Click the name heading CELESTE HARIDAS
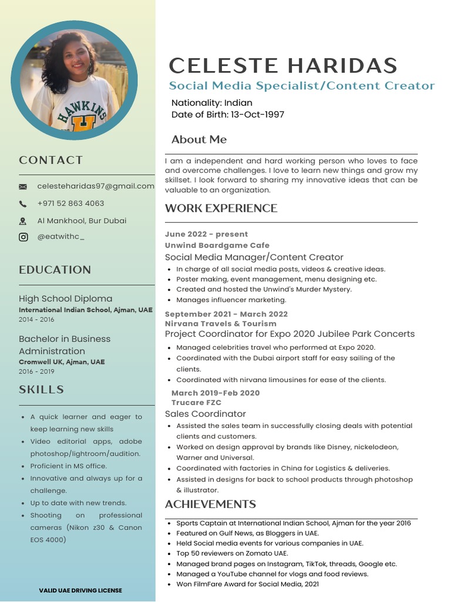click(x=283, y=65)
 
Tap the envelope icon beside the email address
click(x=23, y=186)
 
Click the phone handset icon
click(x=23, y=204)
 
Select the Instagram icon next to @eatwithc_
click(x=23, y=238)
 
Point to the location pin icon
click(x=23, y=221)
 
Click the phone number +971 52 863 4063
click(x=70, y=203)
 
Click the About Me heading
click(x=198, y=139)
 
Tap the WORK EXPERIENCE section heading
click(x=221, y=208)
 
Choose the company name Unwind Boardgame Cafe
click(x=217, y=245)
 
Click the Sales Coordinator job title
click(x=205, y=414)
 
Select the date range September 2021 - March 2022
click(x=226, y=314)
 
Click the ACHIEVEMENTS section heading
click(x=210, y=504)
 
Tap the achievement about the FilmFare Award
click(x=247, y=584)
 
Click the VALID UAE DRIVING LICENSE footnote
click(x=80, y=590)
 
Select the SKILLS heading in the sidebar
click(x=42, y=390)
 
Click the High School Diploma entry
click(x=65, y=299)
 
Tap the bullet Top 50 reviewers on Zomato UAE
click(x=232, y=553)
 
